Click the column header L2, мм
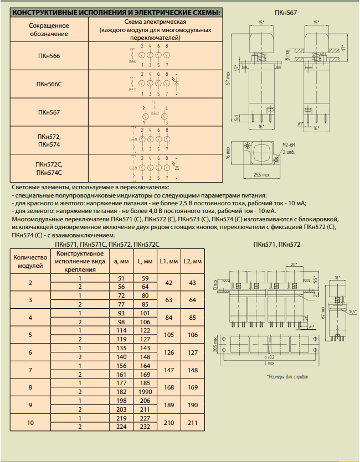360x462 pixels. pos(193,261)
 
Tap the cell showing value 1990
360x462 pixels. pos(145,392)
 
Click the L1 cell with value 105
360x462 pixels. pos(168,334)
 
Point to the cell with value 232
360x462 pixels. pos(145,427)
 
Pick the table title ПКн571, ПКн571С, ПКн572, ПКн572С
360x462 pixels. pos(107,245)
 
